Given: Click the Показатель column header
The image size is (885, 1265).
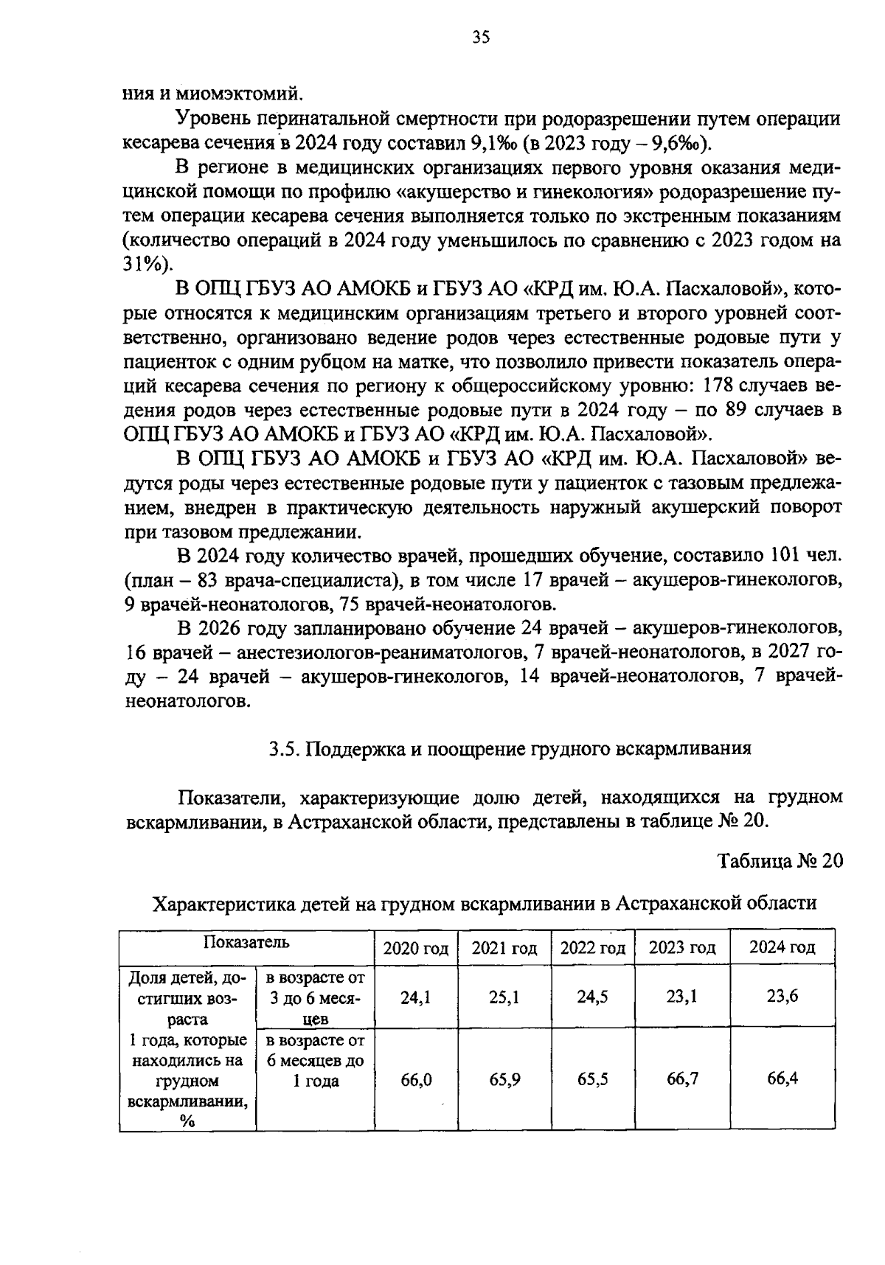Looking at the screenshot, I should pos(246,942).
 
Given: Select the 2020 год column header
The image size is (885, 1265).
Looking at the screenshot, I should pos(415,948).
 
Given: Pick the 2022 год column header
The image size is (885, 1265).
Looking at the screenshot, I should pos(593,948).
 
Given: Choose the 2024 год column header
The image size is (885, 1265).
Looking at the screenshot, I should pos(782,948).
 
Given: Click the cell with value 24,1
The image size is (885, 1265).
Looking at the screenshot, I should pos(415,997).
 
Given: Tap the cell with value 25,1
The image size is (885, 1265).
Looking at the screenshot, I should pos(504,997).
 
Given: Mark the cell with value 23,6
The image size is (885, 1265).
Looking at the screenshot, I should pos(782,997).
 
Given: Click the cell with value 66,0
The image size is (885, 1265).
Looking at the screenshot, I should pos(415,1080).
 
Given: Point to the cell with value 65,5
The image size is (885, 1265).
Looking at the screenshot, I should pos(593,1080).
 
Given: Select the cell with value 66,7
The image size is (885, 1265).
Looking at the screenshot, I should pos(682,1080).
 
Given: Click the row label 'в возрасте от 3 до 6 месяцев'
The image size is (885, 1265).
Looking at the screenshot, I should pos(315,998).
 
